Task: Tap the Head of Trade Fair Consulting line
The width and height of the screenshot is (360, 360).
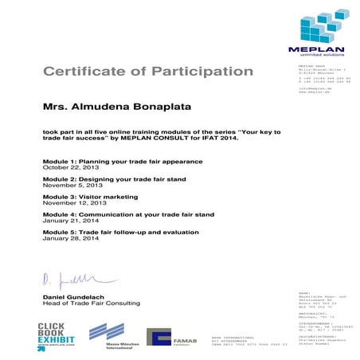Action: (91, 303)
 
